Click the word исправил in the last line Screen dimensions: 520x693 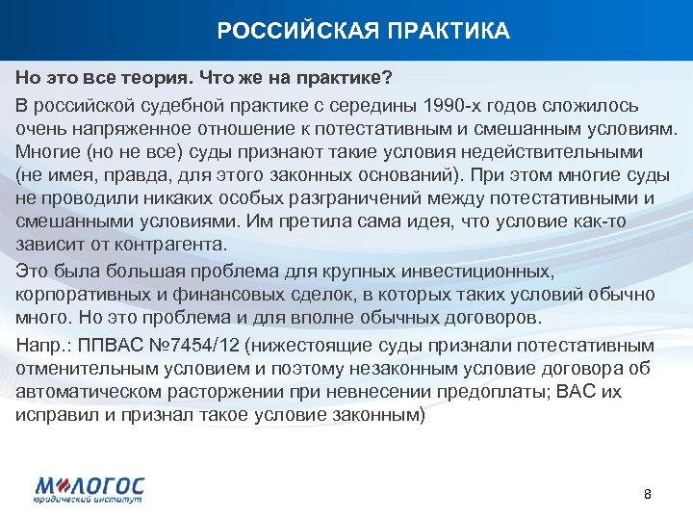[49, 414]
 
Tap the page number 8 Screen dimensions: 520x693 [647, 494]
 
